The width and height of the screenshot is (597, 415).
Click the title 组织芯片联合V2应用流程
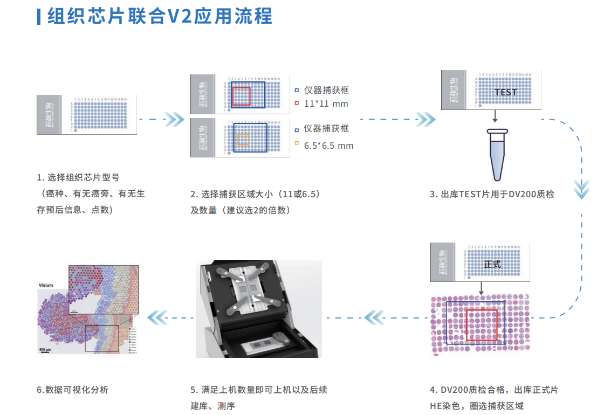(160, 16)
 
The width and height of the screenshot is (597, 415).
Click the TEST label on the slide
(505, 92)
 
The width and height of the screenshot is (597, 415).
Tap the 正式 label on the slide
(492, 265)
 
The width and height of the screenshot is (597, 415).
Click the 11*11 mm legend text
(326, 103)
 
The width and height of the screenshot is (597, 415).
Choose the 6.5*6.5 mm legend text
(328, 146)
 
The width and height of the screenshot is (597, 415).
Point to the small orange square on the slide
(243, 140)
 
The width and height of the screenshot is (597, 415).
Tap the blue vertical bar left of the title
(38, 16)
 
